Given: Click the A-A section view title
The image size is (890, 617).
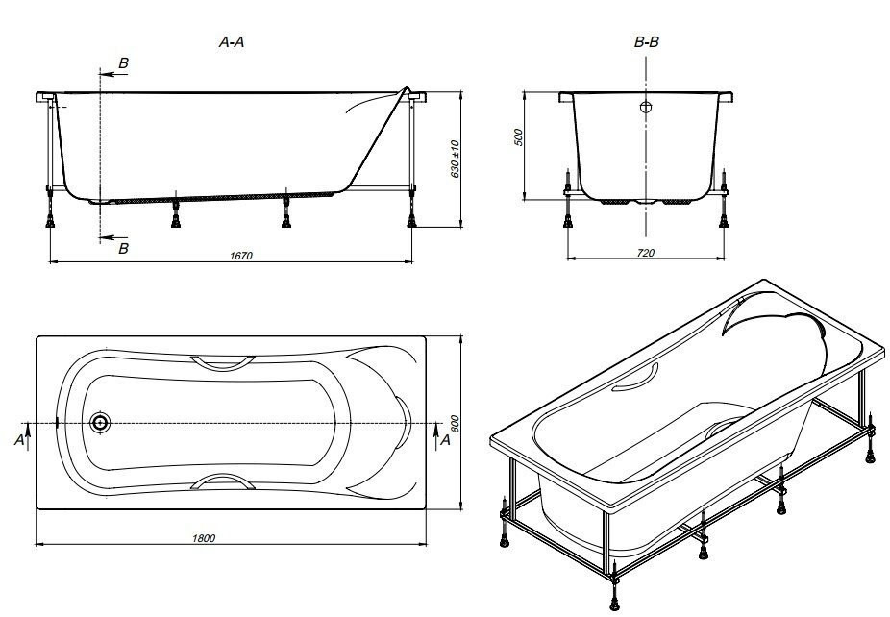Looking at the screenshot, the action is point(230,42).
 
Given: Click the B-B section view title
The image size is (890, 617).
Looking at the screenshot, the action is point(647,42).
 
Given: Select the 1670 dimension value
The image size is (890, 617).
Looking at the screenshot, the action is point(241,255).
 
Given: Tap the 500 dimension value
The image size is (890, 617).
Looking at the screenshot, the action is point(518,136).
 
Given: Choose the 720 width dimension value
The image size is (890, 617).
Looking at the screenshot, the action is point(646,253).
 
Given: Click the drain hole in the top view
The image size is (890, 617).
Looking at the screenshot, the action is point(100,423).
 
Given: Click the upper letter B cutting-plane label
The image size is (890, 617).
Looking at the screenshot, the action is point(122,62).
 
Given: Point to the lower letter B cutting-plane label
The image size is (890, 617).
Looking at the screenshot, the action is point(122,249).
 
